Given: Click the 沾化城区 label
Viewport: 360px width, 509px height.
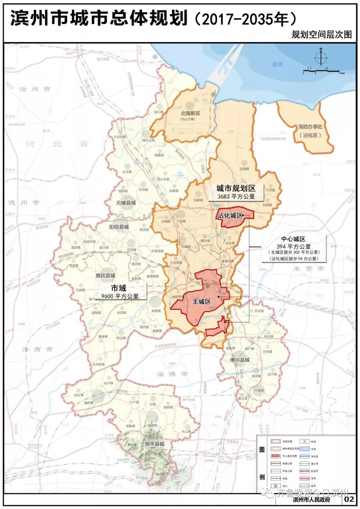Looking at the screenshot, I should click(230, 216).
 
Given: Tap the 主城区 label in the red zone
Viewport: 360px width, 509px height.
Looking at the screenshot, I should click(202, 301).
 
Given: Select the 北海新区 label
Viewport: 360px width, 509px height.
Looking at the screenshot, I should click(190, 113).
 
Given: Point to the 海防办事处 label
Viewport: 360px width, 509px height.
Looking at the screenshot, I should click(310, 127).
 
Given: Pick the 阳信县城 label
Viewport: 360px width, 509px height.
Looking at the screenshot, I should click(119, 227).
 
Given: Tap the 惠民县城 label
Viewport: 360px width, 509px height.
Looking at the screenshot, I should click(105, 275).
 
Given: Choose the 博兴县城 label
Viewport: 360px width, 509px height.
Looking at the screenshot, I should click(240, 360).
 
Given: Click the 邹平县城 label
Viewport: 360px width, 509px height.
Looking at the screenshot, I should click(154, 444).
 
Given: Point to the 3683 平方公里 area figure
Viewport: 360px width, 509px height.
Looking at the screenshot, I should click(236, 197).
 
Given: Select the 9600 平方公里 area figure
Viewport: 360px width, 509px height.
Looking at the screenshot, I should click(120, 296).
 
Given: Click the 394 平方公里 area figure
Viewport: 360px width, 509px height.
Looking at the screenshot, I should click(293, 247).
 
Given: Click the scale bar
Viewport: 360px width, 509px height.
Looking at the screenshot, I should click(321, 71).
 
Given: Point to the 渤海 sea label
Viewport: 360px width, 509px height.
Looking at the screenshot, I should click(277, 64).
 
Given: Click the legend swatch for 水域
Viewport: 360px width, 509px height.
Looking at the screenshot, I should click(304, 449).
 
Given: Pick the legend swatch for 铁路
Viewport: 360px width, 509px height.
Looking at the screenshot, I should click(275, 479).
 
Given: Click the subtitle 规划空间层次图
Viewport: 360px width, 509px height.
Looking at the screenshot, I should click(321, 34).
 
